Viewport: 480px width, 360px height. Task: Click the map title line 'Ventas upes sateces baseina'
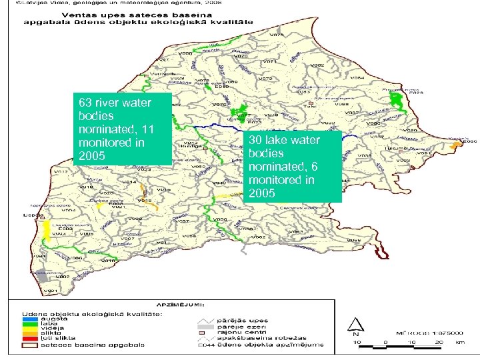[119, 15]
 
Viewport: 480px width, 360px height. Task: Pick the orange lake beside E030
[456, 145]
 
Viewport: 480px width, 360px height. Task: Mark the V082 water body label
[318, 65]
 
